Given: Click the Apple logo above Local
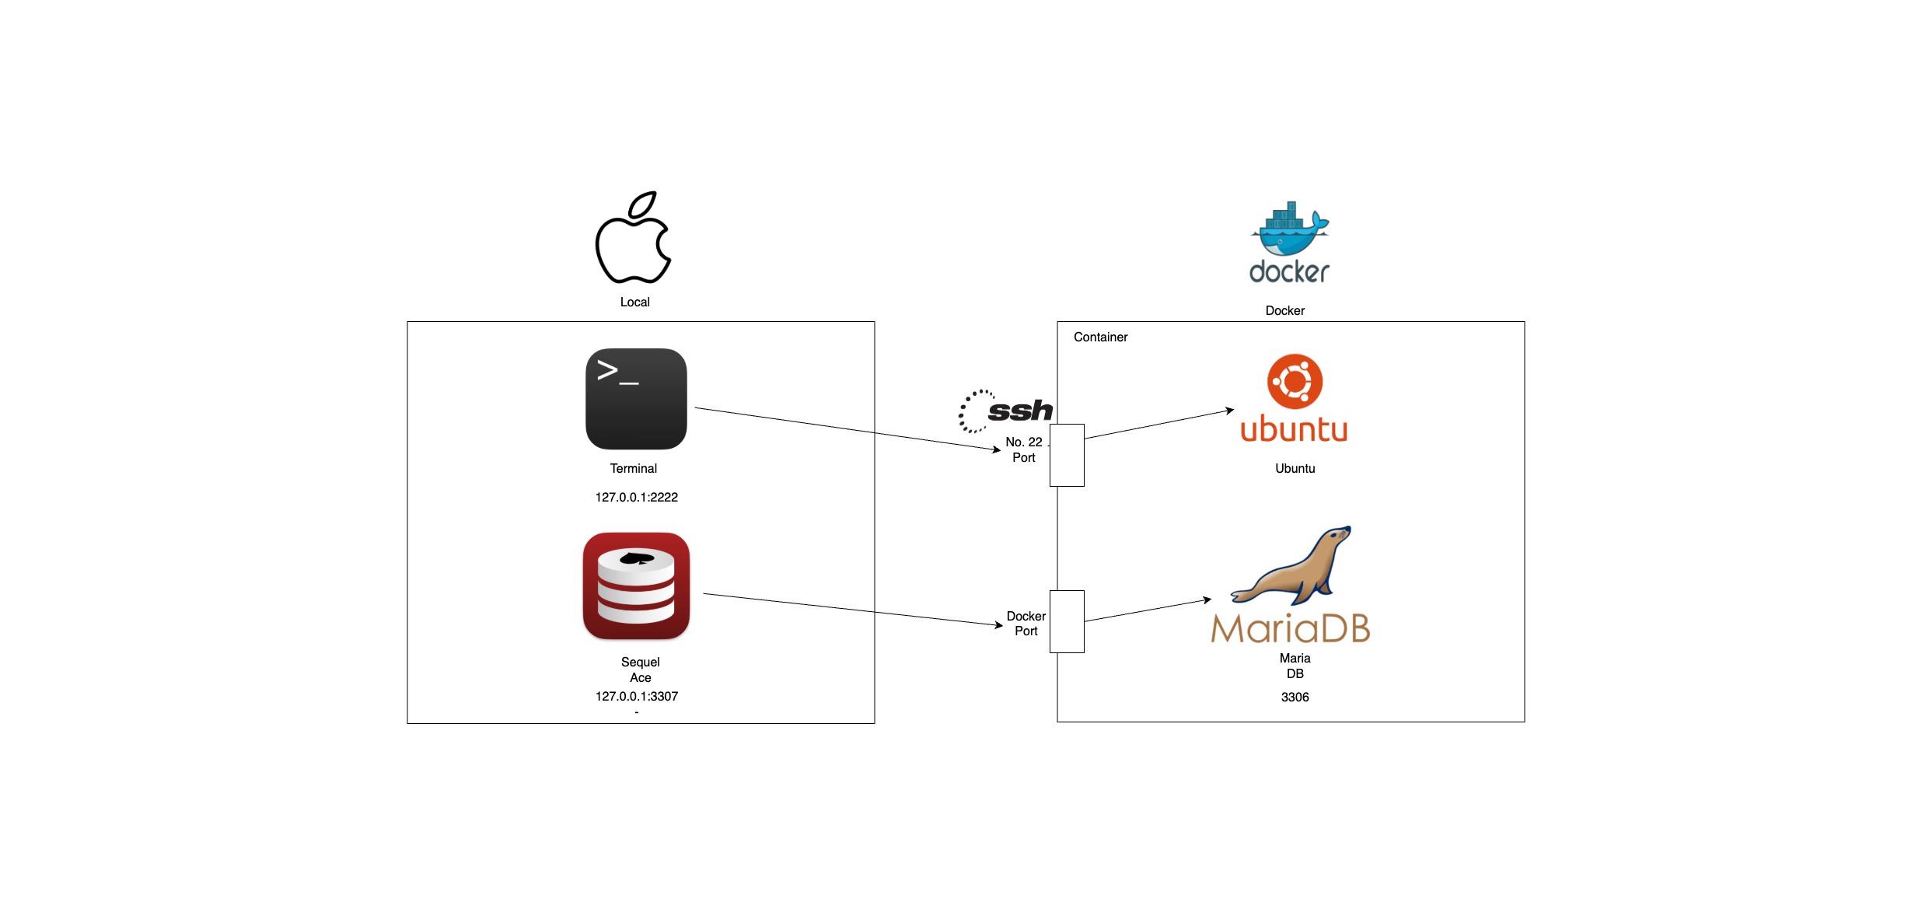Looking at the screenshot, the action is pos(633,237).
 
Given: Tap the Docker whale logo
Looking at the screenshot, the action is pos(1290,229).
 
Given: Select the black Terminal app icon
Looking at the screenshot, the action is pos(636,399).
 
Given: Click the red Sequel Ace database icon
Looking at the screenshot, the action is pos(636,586).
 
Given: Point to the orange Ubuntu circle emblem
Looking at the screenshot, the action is pos(1295,381).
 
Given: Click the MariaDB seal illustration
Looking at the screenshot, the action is pos(1291,565).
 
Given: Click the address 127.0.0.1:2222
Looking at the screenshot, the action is pos(637,497).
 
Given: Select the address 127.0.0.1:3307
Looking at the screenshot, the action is pos(637,696).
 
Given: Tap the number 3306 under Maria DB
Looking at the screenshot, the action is pos(1295,697).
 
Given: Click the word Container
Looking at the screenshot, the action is pos(1100,337).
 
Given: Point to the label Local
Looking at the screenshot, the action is pos(634,302).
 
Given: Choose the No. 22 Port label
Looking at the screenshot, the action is pos(1024,449).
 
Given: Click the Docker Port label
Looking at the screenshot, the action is pos(1026,624).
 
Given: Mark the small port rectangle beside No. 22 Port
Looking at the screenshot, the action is pos(1067,455).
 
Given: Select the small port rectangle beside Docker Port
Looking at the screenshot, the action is pos(1067,621).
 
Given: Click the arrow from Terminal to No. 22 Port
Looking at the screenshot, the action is pos(847,428).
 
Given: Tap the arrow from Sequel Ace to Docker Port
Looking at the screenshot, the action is pos(853,610).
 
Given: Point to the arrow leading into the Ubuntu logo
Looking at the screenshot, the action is pos(1159,424).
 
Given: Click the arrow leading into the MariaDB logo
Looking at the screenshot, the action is pos(1148,610).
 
